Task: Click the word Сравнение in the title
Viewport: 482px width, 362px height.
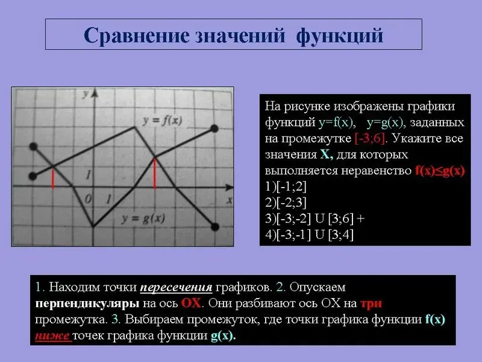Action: tap(137, 36)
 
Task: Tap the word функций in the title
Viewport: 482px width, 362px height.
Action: tap(340, 36)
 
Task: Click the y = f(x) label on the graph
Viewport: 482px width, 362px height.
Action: tap(162, 120)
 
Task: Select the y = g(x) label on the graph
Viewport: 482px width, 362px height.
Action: tap(143, 218)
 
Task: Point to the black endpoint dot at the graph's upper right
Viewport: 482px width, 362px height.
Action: tap(214, 129)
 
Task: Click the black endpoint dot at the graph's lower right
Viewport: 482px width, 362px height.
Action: tap(214, 227)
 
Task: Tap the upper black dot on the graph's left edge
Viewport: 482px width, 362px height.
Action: tap(34, 146)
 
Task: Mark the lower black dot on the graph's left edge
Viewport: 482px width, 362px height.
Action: tap(33, 176)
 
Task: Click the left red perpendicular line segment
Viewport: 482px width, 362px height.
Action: tap(53, 179)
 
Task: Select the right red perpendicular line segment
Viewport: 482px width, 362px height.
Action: tap(154, 173)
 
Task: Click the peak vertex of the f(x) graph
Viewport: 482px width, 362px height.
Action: tap(134, 127)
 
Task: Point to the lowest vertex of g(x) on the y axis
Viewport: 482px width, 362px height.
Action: tap(93, 227)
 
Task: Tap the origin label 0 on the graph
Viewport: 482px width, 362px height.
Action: tap(88, 200)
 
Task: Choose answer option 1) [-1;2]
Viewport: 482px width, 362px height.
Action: tap(286, 186)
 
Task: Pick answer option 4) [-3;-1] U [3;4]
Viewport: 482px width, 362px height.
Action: tap(309, 235)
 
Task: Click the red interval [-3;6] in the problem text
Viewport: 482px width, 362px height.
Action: tap(369, 139)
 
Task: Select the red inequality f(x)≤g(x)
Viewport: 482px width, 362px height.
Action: tap(440, 171)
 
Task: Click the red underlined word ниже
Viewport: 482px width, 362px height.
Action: tap(52, 335)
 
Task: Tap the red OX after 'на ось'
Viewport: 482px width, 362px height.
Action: tap(191, 303)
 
